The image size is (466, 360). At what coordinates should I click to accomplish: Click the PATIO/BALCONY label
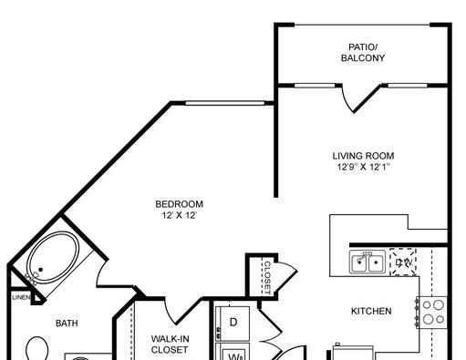(x=363, y=53)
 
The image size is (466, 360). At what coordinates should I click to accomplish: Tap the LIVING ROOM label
(x=363, y=156)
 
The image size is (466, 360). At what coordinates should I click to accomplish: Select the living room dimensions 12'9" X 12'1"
(x=364, y=167)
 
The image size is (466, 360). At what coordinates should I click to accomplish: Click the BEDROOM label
(x=179, y=204)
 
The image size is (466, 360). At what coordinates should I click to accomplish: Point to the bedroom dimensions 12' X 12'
(x=180, y=215)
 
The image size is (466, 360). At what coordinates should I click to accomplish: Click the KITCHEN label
(x=371, y=311)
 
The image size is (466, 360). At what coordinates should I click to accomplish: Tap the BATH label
(x=67, y=324)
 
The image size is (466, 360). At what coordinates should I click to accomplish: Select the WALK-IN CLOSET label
(x=170, y=345)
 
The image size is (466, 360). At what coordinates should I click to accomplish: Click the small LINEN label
(x=21, y=297)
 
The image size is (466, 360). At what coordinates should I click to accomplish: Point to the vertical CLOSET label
(x=267, y=278)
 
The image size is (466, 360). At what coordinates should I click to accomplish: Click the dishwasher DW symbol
(x=403, y=262)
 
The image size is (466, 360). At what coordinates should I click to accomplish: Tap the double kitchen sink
(x=368, y=262)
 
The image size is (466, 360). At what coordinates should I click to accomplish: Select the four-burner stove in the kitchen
(x=431, y=313)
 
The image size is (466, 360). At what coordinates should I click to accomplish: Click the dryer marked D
(x=233, y=324)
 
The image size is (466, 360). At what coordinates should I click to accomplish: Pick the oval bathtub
(x=53, y=258)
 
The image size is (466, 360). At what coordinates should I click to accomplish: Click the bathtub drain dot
(x=40, y=270)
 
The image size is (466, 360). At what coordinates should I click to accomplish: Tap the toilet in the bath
(x=36, y=348)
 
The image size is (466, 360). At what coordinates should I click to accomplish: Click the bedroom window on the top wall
(x=225, y=103)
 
